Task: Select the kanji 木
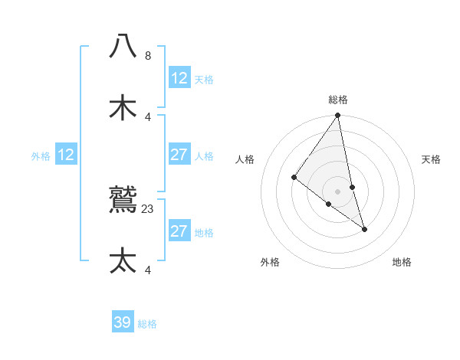pyautogui.click(x=123, y=107)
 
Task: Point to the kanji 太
pyautogui.click(x=123, y=260)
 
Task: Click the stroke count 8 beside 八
pyautogui.click(x=148, y=56)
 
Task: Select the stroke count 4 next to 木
pyautogui.click(x=148, y=116)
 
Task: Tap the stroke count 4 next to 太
pyautogui.click(x=148, y=269)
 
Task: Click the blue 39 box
pyautogui.click(x=123, y=322)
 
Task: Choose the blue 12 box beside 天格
pyautogui.click(x=179, y=78)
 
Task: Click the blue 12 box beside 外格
pyautogui.click(x=66, y=155)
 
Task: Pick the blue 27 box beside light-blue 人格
pyautogui.click(x=179, y=155)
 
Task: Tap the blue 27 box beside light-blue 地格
pyautogui.click(x=179, y=231)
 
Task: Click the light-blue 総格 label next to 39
pyautogui.click(x=147, y=324)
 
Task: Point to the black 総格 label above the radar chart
pyautogui.click(x=338, y=100)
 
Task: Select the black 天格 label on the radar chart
pyautogui.click(x=432, y=159)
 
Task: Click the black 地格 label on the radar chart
pyautogui.click(x=402, y=262)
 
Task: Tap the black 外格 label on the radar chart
pyautogui.click(x=270, y=262)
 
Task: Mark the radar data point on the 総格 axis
pyautogui.click(x=338, y=116)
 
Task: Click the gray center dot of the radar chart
pyautogui.click(x=338, y=191)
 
